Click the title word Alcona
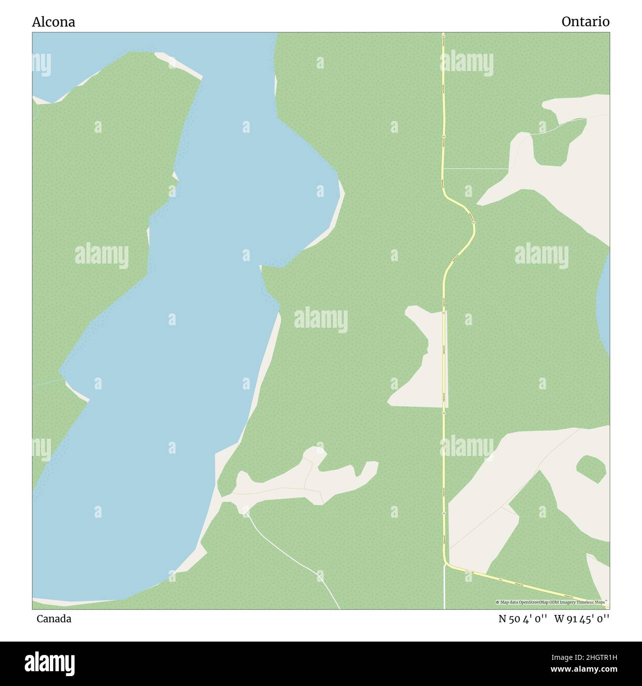point(53,22)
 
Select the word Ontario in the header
point(585,22)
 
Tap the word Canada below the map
point(53,619)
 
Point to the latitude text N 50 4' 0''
point(522,619)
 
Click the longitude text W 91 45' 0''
point(582,619)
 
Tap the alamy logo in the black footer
point(50,663)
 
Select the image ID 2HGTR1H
point(590,657)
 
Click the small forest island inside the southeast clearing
point(591,468)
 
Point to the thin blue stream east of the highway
point(477,169)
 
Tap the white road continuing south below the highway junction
point(444,590)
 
